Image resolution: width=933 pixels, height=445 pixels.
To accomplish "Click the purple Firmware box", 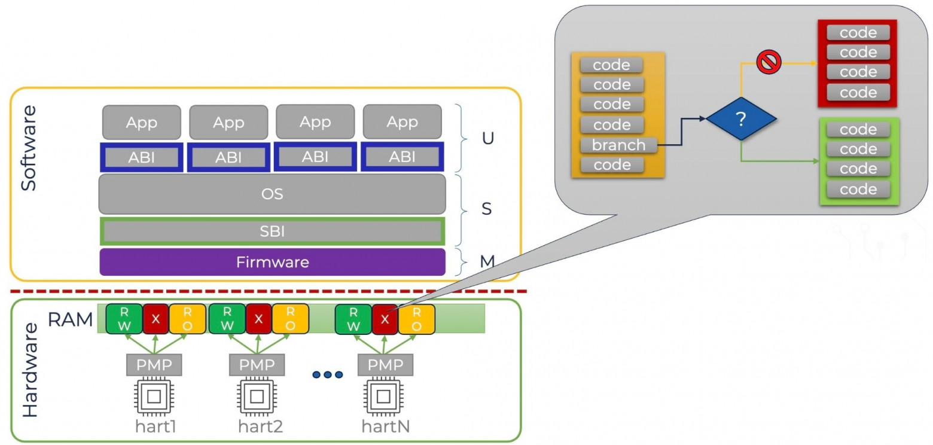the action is click(x=272, y=262).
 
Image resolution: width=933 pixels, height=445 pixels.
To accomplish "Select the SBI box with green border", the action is click(x=272, y=231).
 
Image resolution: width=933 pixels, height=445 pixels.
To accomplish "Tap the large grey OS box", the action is click(x=272, y=194).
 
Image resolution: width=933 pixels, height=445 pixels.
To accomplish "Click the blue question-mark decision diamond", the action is click(x=742, y=119).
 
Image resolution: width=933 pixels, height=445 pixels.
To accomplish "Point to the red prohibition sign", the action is click(x=769, y=62).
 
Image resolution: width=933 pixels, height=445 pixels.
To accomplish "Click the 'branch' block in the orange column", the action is click(x=618, y=145).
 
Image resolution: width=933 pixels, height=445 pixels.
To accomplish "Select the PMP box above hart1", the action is click(x=154, y=365).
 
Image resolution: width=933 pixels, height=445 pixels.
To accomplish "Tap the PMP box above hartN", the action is click(x=385, y=365).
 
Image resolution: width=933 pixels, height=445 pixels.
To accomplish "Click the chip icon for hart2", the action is click(x=257, y=396).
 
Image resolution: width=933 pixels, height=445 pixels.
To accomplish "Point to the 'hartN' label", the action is click(x=386, y=426).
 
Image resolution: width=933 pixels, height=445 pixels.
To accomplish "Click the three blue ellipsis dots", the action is click(x=327, y=374).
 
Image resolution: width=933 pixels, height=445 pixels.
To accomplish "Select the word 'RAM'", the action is click(x=70, y=319).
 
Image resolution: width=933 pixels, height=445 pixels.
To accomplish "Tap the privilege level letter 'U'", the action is click(x=488, y=138).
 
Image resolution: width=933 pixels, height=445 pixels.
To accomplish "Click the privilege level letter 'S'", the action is click(x=486, y=209).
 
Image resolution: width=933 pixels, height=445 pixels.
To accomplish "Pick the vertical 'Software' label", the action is click(x=29, y=148).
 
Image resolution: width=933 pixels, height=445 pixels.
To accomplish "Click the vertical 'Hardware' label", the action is click(x=30, y=370).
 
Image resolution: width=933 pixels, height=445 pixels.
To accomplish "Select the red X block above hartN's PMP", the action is click(x=385, y=319).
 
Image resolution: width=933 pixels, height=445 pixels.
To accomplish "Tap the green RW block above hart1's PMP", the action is click(x=124, y=319).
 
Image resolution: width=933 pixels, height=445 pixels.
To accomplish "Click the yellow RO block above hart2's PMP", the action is click(x=290, y=319).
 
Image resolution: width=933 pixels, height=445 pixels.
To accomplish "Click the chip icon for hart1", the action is click(x=154, y=396).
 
